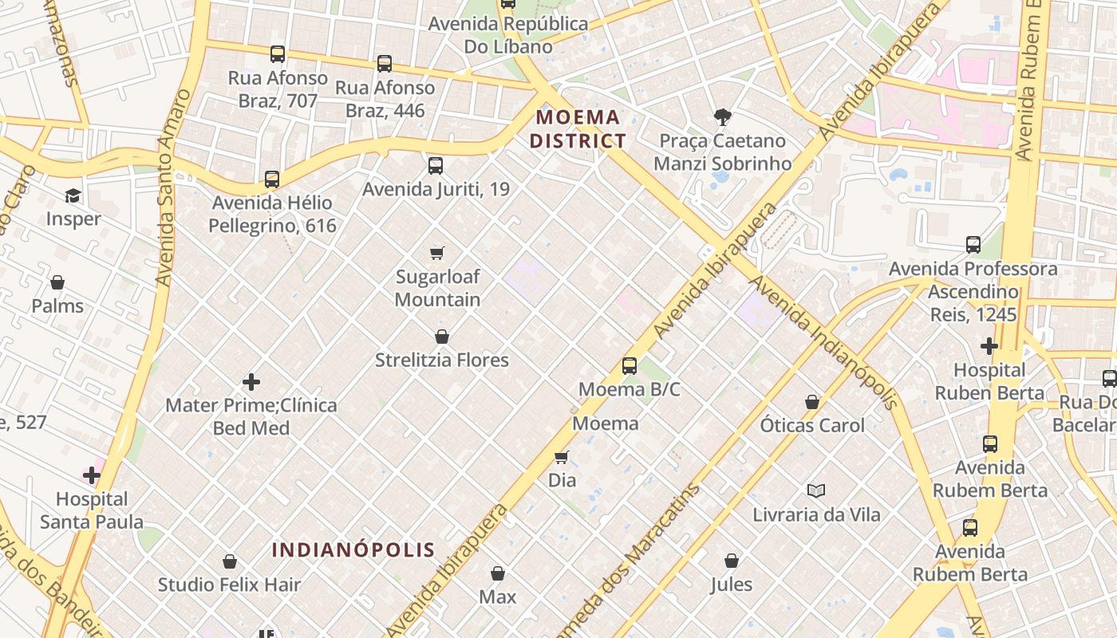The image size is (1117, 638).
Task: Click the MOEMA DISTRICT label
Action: click(578, 129)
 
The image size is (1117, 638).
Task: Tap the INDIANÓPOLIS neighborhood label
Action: click(353, 549)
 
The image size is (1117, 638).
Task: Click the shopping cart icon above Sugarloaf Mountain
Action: click(436, 253)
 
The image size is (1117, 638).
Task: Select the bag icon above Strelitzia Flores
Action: click(442, 337)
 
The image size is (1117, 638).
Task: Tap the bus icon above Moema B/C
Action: click(630, 366)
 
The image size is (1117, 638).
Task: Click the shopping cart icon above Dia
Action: click(562, 457)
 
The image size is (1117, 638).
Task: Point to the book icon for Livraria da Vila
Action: click(815, 490)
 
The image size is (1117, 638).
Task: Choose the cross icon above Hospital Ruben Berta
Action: click(989, 346)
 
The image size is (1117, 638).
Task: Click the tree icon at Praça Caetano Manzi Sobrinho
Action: click(722, 117)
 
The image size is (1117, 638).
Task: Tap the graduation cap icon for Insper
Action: click(73, 195)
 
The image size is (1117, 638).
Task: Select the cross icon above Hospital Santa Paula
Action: click(92, 476)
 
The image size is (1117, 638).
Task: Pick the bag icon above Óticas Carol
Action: click(812, 402)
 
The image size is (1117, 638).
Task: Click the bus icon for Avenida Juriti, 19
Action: click(435, 166)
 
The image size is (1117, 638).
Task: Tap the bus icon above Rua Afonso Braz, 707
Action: click(277, 54)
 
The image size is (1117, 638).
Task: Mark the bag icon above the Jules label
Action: click(731, 561)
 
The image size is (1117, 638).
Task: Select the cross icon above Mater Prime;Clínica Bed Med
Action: click(251, 382)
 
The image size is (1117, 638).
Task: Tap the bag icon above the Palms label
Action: click(57, 282)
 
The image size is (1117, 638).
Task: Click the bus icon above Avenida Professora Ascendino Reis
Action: click(973, 245)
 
